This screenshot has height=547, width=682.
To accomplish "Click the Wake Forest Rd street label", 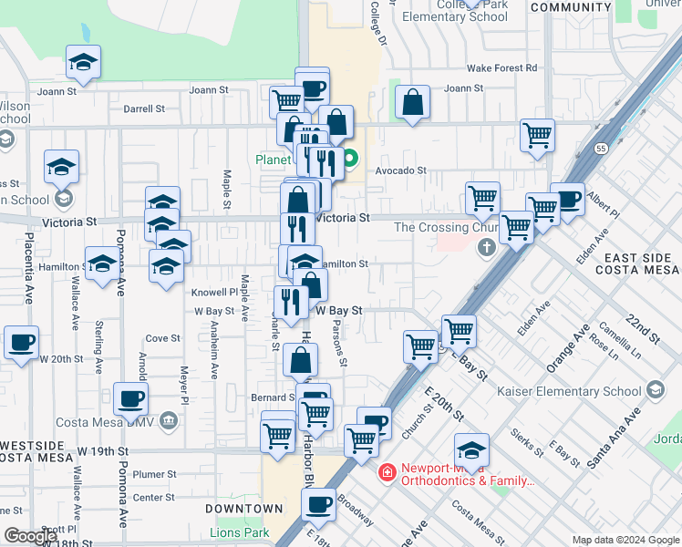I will (501, 68).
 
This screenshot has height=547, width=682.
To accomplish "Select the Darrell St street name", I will (144, 108).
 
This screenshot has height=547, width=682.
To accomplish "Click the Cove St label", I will (163, 338).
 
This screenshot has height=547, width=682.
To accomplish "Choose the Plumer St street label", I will (154, 474).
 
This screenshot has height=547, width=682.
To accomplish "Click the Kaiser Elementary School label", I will (571, 392).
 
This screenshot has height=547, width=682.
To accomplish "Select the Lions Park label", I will (240, 532).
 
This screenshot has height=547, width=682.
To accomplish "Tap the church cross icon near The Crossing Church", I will (487, 246).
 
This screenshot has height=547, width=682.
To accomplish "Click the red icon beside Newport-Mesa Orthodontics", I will (387, 473).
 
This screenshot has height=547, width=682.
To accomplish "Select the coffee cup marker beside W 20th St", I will (20, 343).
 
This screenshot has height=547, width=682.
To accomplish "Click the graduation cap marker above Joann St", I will (84, 62).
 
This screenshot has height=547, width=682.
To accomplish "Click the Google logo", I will (29, 536).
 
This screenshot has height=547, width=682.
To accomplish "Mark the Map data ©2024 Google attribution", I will (625, 540).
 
